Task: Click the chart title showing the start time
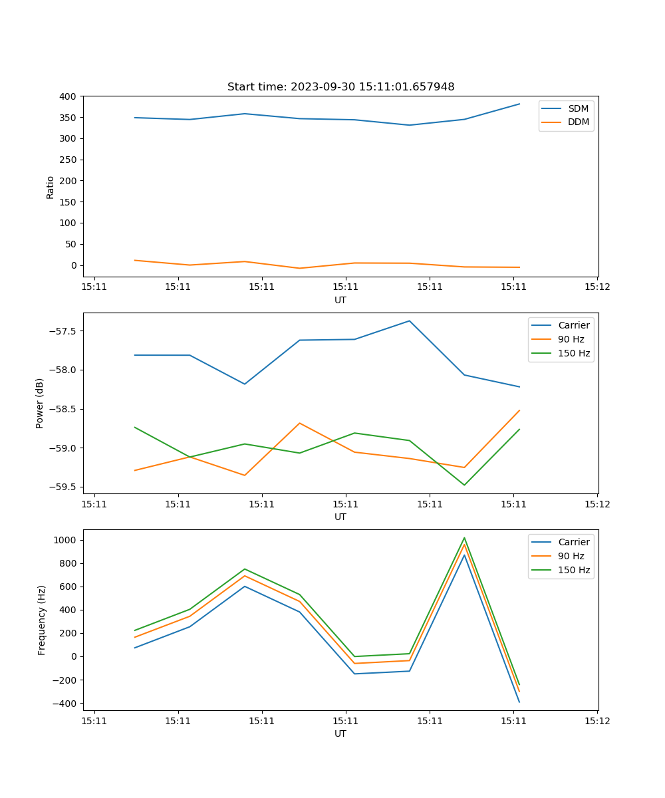340,87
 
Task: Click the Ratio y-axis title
51,187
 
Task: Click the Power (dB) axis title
40,403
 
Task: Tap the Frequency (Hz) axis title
42,620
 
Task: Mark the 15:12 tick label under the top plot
597,287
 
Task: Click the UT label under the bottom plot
340,733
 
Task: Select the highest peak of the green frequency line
464,538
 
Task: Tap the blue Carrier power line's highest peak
410,321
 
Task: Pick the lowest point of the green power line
464,485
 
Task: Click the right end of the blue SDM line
519,104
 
